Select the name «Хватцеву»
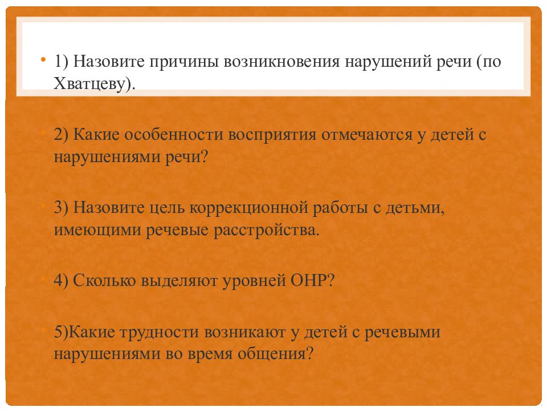pos(94,83)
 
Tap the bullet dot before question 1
pos(44,60)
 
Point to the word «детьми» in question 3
pos(414,208)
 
